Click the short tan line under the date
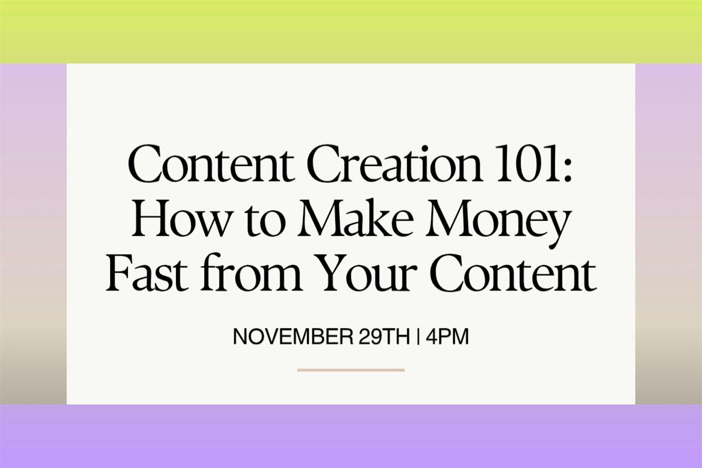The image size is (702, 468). click(350, 370)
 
